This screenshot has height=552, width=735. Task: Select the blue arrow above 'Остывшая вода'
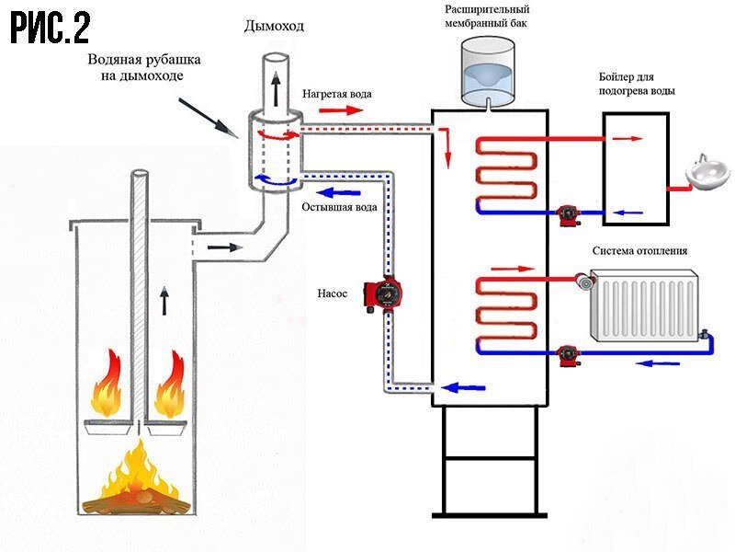(x=335, y=191)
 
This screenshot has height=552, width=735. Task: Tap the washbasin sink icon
(x=708, y=172)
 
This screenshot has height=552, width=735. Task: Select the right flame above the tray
(x=171, y=385)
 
